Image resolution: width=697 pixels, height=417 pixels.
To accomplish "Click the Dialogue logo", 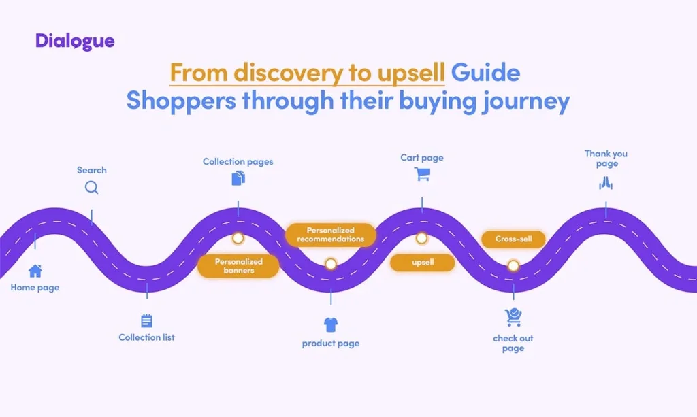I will [x=75, y=41].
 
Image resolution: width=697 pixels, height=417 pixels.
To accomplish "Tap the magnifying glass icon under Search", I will [x=92, y=188].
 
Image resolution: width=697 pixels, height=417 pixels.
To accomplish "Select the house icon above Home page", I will [x=35, y=271].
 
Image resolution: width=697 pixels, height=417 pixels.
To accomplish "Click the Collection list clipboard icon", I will [x=146, y=321].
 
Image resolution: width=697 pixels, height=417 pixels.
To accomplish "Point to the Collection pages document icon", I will [x=238, y=178].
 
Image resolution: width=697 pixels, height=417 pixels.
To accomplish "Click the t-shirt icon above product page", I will [x=331, y=324].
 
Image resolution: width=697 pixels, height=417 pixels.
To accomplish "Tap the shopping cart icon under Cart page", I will [x=422, y=175].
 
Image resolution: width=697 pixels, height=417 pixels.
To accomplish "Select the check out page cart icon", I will [x=513, y=317].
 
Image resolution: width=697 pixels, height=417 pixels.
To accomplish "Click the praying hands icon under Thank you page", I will [x=606, y=182].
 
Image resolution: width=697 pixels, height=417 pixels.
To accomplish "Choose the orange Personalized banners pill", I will [x=238, y=266].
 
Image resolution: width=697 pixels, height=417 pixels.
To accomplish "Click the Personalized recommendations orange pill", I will [x=330, y=235].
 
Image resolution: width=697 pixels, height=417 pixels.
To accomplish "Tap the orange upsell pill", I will [x=422, y=263].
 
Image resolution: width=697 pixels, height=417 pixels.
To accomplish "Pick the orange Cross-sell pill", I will [x=513, y=239].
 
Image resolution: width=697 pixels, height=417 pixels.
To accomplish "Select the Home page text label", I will [x=35, y=288].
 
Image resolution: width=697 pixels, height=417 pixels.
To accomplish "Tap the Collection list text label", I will [x=146, y=337].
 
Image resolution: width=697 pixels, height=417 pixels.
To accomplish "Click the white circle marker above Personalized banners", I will [x=238, y=239].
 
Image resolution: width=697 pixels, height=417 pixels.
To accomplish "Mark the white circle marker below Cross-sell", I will [x=513, y=265].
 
